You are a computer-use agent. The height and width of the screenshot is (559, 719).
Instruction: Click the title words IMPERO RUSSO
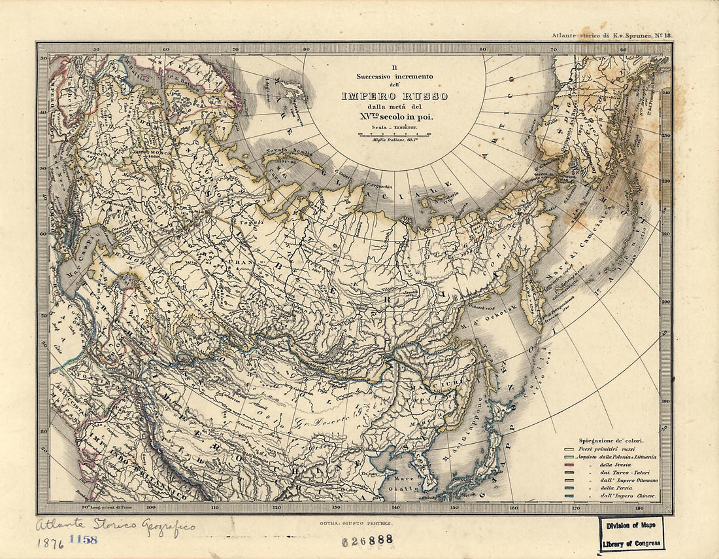click(x=394, y=96)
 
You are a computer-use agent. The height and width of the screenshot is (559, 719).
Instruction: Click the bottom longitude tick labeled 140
click(x=395, y=507)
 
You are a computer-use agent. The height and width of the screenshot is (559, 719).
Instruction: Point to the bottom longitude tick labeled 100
click(x=151, y=507)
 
